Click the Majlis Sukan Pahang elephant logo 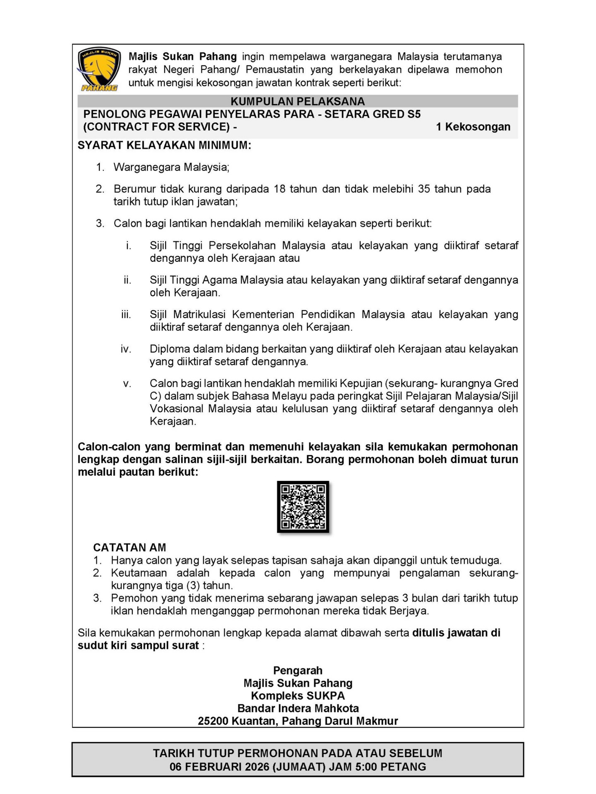[x=99, y=69]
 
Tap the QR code [x=303, y=507]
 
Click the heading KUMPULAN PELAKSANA [x=298, y=101]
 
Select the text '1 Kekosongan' [x=473, y=127]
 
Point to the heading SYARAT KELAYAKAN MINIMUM [x=164, y=146]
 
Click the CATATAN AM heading [x=130, y=548]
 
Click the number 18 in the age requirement [x=280, y=189]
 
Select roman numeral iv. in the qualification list [x=126, y=349]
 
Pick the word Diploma [x=170, y=349]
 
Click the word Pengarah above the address [x=298, y=670]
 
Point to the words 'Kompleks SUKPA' [x=298, y=696]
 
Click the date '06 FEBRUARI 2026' [x=219, y=767]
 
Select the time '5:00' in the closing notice [x=365, y=767]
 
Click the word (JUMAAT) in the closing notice [x=299, y=767]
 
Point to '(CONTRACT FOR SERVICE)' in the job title [x=156, y=127]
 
